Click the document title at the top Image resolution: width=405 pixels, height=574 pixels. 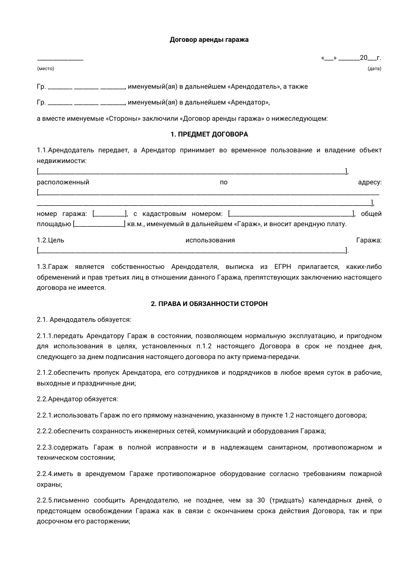click(209, 40)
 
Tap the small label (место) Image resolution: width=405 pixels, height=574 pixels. click(45, 69)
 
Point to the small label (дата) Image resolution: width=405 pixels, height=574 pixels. click(374, 69)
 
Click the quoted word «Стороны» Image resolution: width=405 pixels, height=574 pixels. click(124, 118)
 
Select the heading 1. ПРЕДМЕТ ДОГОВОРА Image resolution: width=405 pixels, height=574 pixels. click(209, 135)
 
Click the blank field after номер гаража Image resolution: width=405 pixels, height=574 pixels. click(110, 214)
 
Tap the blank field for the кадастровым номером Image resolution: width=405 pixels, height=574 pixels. click(291, 214)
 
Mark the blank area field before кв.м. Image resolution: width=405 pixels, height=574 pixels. click(99, 224)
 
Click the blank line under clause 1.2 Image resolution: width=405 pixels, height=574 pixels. click(192, 251)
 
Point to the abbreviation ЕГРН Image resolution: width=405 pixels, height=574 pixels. click(283, 267)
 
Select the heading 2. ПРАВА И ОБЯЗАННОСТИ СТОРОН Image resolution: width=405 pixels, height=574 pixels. click(209, 304)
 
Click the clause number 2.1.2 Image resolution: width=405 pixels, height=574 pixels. click(45, 373)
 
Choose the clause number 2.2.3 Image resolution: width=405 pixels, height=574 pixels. click(45, 448)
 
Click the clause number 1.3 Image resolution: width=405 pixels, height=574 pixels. click(42, 267)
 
